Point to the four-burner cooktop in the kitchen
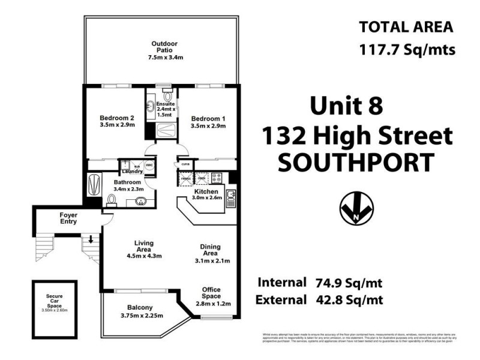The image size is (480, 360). point(217,178)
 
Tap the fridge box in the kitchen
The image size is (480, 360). point(185,178)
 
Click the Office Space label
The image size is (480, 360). point(211,292)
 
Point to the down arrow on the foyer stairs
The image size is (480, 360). point(91,240)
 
